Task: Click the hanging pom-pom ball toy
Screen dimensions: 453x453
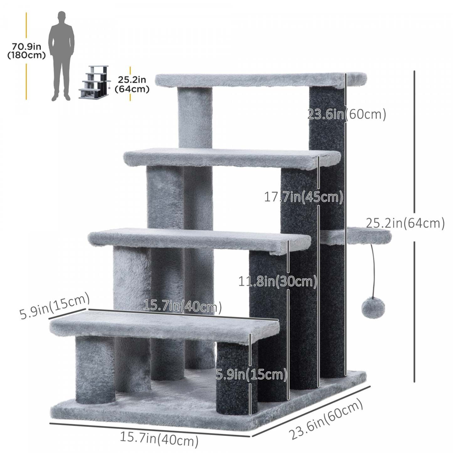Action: (x=373, y=308)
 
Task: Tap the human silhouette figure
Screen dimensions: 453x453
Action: (x=61, y=56)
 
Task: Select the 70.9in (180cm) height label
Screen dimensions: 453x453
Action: (x=27, y=51)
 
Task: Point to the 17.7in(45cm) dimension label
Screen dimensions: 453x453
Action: (x=303, y=197)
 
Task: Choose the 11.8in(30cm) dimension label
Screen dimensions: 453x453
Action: (x=278, y=281)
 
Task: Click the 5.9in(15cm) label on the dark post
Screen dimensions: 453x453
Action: (x=251, y=374)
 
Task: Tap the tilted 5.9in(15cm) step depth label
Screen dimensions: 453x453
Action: (x=55, y=306)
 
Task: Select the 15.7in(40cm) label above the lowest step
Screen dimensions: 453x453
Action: (x=182, y=306)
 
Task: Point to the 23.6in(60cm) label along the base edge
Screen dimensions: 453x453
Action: (x=326, y=419)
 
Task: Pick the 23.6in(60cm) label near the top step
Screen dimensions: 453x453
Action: (x=346, y=114)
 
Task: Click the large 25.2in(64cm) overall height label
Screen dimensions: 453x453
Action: (x=405, y=223)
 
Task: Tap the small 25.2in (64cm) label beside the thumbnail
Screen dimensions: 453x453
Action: (x=132, y=84)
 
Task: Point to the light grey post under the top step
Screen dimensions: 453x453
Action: (x=195, y=118)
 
